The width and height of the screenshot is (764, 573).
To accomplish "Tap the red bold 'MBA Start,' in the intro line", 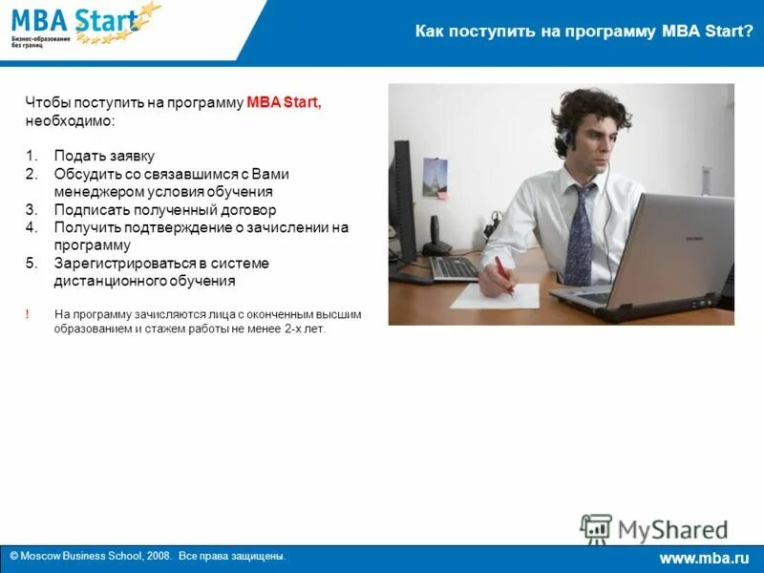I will click(x=285, y=103).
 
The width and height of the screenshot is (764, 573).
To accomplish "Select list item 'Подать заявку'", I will click(x=104, y=156).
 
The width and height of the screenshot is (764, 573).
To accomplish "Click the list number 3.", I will click(x=32, y=210).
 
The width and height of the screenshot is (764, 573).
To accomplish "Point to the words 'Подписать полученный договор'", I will click(x=165, y=210).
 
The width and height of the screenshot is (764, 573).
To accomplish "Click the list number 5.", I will click(x=32, y=264).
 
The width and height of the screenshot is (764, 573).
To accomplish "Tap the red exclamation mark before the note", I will click(x=28, y=313).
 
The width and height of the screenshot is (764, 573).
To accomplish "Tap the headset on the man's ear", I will click(x=568, y=139).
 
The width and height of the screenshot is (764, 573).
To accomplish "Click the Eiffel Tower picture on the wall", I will click(x=435, y=178).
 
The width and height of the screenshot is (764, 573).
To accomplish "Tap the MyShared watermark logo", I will click(x=654, y=529).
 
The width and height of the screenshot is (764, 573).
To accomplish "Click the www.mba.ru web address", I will click(x=704, y=558).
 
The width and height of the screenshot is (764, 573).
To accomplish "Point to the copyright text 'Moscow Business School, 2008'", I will click(x=95, y=556).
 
